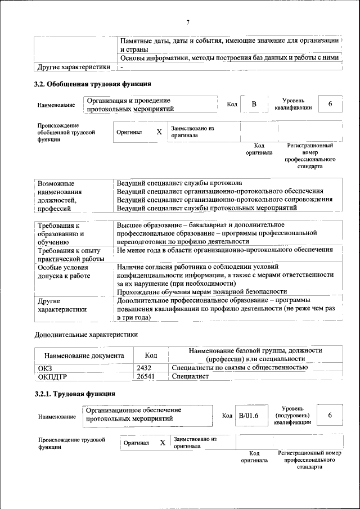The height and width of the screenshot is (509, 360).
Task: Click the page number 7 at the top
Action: point(188,22)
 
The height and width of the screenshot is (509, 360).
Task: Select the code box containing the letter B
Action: point(254,104)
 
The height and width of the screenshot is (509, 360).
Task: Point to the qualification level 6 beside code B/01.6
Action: point(330,415)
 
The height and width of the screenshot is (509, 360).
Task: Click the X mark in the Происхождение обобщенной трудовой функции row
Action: point(159,132)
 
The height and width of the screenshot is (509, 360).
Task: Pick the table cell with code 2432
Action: point(145,367)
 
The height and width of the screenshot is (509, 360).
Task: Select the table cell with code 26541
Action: point(146,376)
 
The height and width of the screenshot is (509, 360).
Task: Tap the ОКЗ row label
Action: point(44,367)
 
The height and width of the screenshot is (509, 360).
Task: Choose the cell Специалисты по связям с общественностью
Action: point(239,367)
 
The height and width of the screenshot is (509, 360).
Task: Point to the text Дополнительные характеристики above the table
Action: point(85,334)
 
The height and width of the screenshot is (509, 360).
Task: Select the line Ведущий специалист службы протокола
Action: point(179,183)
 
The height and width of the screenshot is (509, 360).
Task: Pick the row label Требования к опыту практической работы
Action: point(68,254)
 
